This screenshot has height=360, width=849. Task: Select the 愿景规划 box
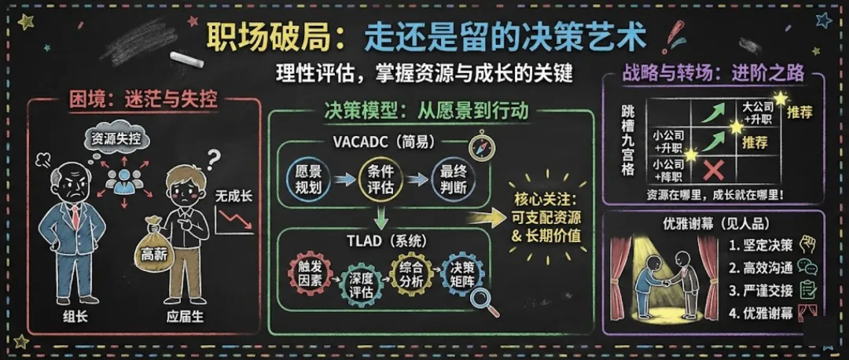pyautogui.click(x=307, y=179)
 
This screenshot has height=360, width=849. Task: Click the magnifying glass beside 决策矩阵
pyautogui.click(x=487, y=303)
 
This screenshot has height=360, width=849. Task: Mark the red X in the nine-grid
pyautogui.click(x=715, y=169)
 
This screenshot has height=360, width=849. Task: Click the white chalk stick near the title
pyautogui.click(x=186, y=60)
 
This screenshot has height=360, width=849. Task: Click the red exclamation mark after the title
pyautogui.click(x=674, y=36)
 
